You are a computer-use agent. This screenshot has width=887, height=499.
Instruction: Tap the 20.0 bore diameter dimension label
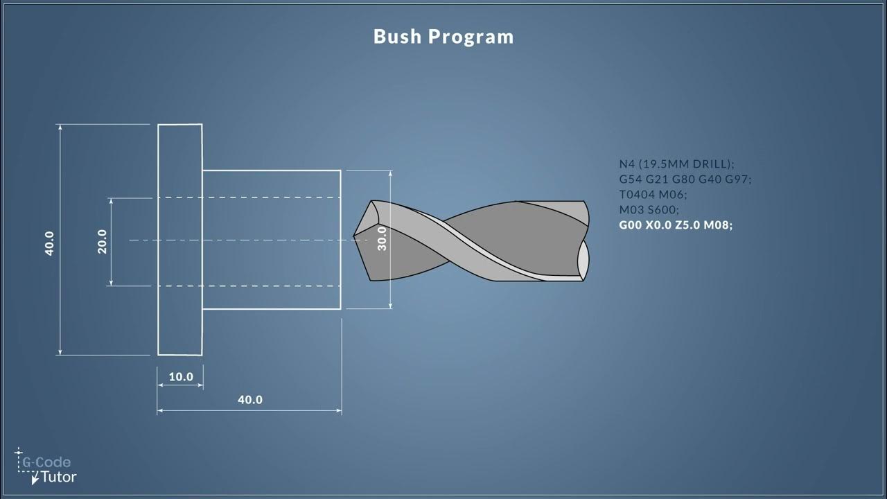103,241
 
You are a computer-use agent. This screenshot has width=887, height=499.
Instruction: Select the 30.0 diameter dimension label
382,239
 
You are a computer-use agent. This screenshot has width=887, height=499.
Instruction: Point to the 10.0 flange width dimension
181,377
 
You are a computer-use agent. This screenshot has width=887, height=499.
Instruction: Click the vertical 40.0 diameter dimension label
50,243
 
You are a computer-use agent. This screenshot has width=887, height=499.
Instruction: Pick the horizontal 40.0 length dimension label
250,400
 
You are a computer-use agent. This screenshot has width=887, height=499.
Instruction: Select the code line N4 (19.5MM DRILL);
676,164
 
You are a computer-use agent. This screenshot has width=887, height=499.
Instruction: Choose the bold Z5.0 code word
686,225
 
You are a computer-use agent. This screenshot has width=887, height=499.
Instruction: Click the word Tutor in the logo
59,477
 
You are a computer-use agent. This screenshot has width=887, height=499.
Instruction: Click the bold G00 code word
631,225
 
